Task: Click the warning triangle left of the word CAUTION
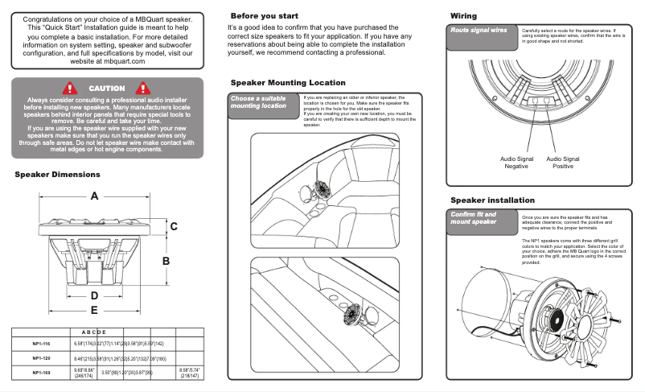(71, 88)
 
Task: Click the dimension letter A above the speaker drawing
(95, 196)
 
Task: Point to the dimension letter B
(166, 261)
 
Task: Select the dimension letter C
(173, 227)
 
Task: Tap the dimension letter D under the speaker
(94, 295)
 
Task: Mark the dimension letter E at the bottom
(94, 309)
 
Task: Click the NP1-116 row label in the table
(42, 344)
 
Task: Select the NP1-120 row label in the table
(42, 358)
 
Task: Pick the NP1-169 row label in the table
(42, 373)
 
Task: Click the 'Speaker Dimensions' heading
(57, 175)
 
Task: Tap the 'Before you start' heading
(265, 16)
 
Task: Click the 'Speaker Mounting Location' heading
(288, 83)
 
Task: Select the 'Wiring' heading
(463, 16)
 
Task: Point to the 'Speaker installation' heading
(492, 200)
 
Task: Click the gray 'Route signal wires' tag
(479, 31)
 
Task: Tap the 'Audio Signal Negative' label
(516, 163)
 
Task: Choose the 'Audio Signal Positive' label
(563, 163)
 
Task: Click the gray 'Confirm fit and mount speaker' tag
(476, 218)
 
